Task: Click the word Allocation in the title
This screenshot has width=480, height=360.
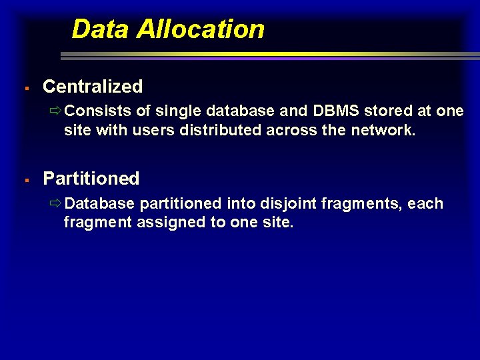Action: tap(200, 29)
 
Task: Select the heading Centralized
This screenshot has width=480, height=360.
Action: tap(93, 86)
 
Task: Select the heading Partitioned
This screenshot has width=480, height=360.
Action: tap(91, 178)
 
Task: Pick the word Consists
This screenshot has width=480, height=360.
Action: tap(98, 111)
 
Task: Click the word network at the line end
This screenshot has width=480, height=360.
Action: tap(381, 130)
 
